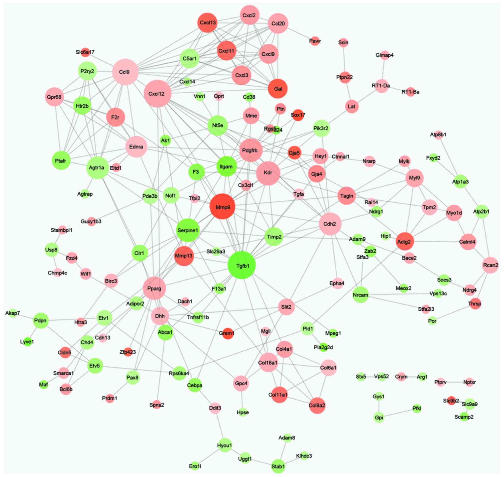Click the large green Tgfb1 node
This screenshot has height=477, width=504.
click(x=241, y=265)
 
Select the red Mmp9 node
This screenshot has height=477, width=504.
click(x=222, y=207)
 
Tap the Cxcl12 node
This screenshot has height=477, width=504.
click(x=157, y=94)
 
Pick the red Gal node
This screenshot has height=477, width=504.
click(x=278, y=89)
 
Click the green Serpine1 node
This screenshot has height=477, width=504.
click(x=188, y=230)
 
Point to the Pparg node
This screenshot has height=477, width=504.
click(x=154, y=288)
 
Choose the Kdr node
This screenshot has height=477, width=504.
click(x=268, y=173)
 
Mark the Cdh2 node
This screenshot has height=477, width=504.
click(x=330, y=224)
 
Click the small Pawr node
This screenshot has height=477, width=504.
click(x=315, y=41)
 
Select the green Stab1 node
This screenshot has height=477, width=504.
click(x=278, y=466)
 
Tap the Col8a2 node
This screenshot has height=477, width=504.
click(x=317, y=405)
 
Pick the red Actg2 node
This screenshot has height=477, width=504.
click(x=405, y=241)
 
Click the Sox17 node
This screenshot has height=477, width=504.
click(x=298, y=115)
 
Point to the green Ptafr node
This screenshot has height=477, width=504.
click(x=61, y=160)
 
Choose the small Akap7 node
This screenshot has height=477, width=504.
click(x=13, y=313)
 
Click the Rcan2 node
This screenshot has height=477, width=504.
click(x=490, y=265)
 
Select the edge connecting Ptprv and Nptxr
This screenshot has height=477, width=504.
click(x=455, y=382)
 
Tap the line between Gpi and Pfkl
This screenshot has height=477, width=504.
click(x=398, y=413)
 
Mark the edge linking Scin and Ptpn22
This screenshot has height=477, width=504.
click(x=344, y=60)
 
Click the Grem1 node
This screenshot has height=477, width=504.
click(x=227, y=333)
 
